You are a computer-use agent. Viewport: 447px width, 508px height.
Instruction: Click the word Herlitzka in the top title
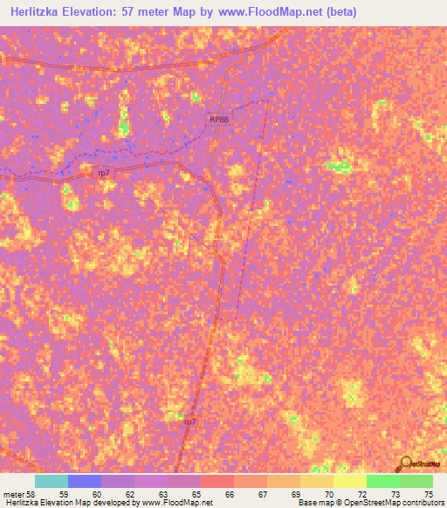[42, 12]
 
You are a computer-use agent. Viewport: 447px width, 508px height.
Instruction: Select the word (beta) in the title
[340, 12]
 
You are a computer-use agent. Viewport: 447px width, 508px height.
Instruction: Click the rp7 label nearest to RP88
[104, 173]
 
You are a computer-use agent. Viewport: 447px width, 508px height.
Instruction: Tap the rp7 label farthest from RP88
[189, 422]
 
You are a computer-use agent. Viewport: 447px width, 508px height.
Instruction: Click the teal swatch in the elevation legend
[52, 481]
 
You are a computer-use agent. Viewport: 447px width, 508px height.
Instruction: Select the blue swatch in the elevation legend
[85, 481]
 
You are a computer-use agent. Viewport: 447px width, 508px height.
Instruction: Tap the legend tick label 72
[363, 493]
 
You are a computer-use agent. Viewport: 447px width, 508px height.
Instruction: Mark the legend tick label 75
[429, 493]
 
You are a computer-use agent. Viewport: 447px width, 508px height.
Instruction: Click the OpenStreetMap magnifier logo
[403, 463]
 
